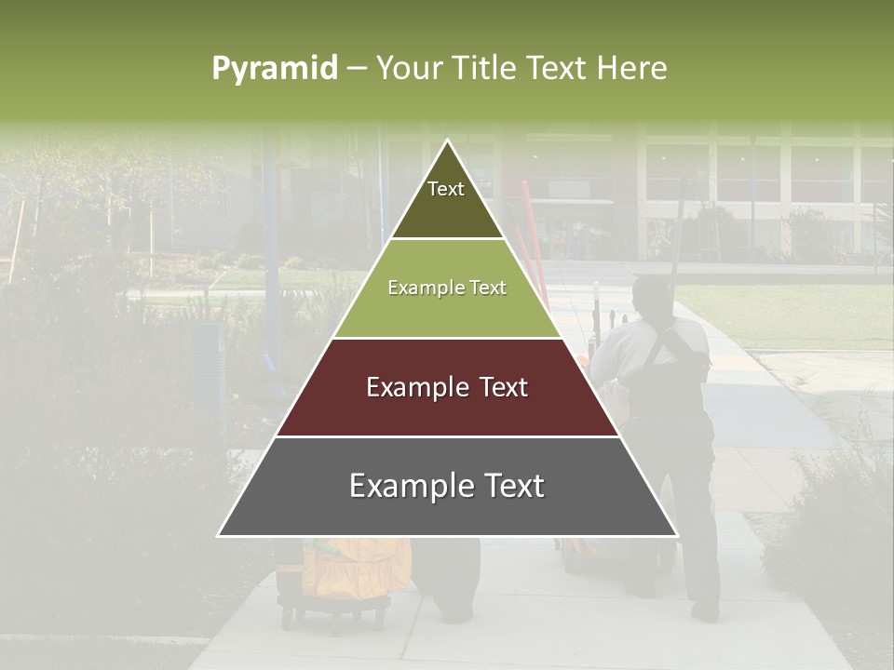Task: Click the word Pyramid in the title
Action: coord(275,69)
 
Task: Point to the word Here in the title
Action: coord(631,69)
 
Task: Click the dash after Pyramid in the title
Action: coord(357,69)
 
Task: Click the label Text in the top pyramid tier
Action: coord(446,189)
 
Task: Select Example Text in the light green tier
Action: coord(447,288)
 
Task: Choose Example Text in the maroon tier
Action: coord(447,387)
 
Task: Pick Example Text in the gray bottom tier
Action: coord(447,486)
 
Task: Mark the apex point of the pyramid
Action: coord(448,141)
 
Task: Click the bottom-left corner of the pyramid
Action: coord(219,535)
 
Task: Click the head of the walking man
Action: coord(651,296)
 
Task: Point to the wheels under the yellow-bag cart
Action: coord(335,616)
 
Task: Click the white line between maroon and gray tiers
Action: coord(447,436)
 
